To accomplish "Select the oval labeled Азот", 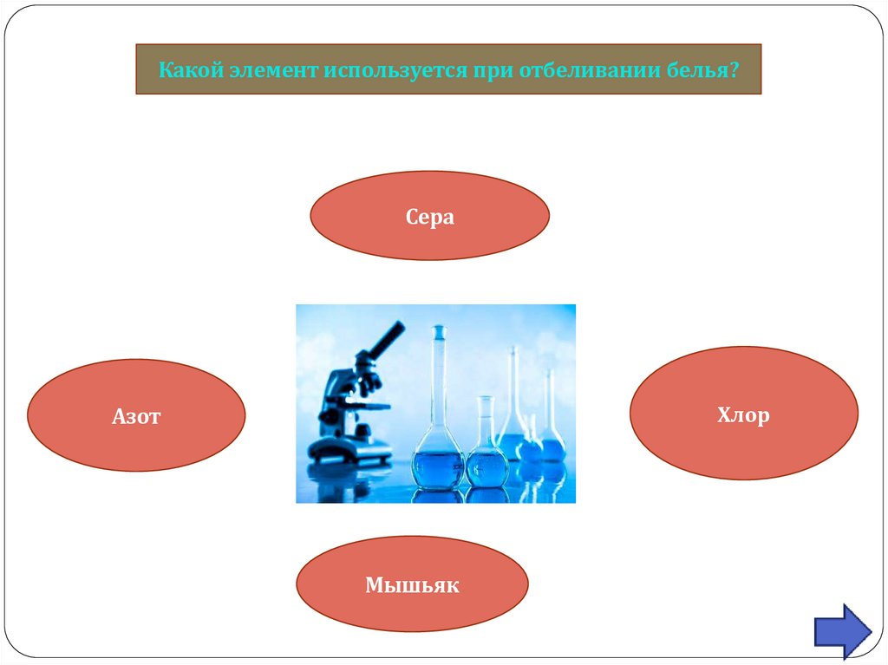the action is pos(136,415).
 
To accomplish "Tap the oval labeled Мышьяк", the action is pos(412,584).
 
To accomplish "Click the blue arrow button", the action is pos(842,630).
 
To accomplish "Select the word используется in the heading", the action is pos(395,70).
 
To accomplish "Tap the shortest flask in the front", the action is pos(486,451).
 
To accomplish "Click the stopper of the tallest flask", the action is pos(439,331).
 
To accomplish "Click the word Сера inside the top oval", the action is pos(429,217).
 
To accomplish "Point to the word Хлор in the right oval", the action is pos(743,415).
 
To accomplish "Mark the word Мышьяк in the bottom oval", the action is pos(412,585).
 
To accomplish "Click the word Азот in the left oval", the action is pos(136,416).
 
